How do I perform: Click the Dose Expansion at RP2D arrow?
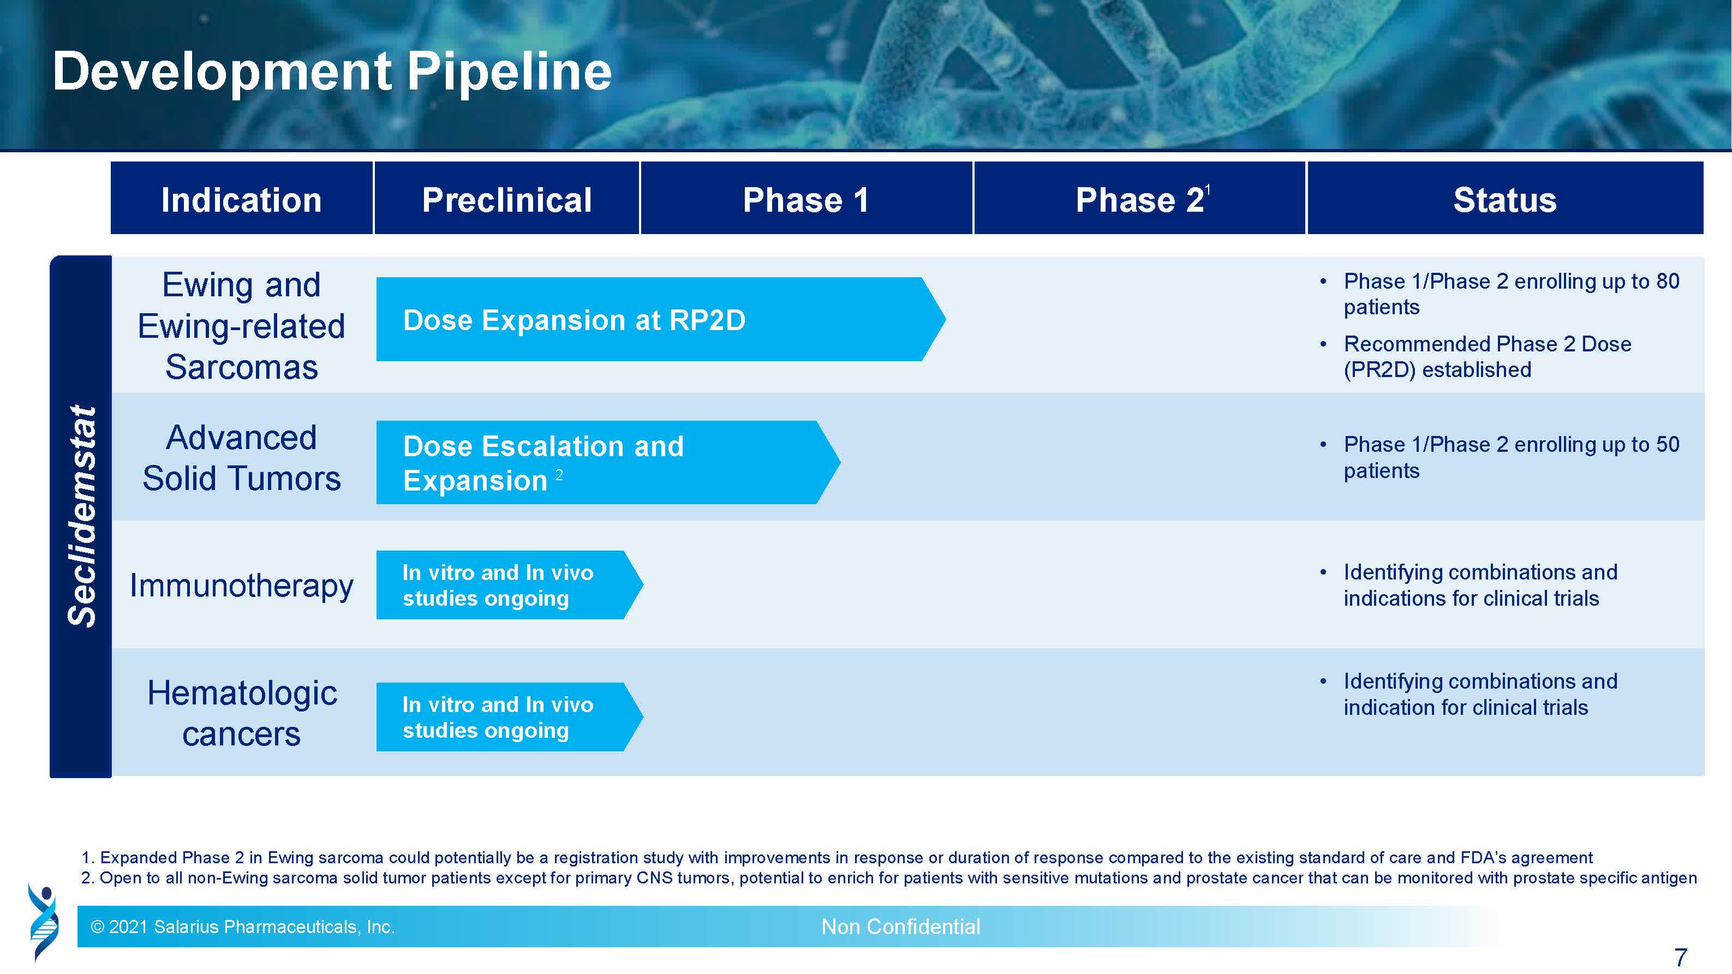tap(661, 319)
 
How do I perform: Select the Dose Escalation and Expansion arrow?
tap(608, 463)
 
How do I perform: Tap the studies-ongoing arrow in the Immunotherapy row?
tap(510, 585)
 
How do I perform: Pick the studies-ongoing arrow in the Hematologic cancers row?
tap(510, 716)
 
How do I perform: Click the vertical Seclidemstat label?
tap(82, 516)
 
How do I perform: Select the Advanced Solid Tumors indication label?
tap(241, 458)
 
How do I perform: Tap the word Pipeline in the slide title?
tap(510, 72)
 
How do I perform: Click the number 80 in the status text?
tap(1668, 281)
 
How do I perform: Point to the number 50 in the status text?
tap(1668, 444)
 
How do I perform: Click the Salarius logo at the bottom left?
tap(43, 922)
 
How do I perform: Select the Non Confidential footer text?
tap(901, 927)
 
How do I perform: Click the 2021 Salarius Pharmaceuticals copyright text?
tap(243, 927)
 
